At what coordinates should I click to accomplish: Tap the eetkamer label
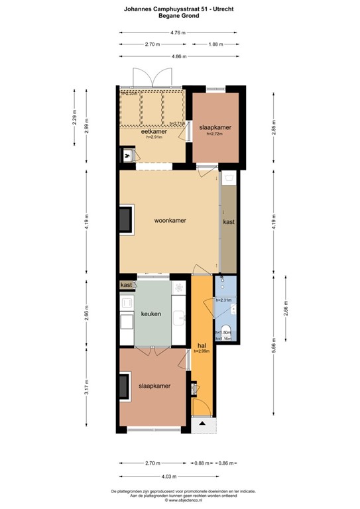pos(154,131)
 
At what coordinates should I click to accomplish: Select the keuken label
pos(151,313)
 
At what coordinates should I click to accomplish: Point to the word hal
pos(202,345)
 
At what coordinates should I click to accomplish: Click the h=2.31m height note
pos(223,300)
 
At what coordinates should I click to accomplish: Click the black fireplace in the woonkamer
pos(124,220)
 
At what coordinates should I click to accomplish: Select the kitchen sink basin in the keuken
pos(178,321)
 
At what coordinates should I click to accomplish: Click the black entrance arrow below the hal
pos(202,422)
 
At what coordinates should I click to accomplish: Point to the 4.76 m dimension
pos(176,32)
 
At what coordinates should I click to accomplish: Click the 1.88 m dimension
pos(215,44)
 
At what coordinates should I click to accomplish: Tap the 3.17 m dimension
pos(87,391)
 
